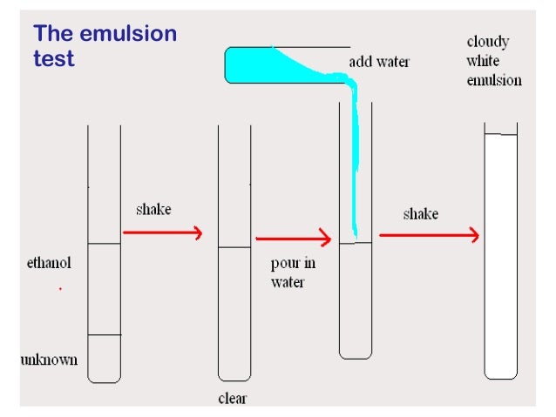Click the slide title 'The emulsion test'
pos(105,46)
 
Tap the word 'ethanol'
pos(48,262)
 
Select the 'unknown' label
pos(49,360)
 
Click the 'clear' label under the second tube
pos(233,400)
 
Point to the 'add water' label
pos(379,63)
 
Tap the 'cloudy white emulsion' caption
pos(494,61)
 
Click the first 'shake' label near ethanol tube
pos(153,210)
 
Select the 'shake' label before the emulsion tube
pos(420,214)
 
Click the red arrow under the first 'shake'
pos(163,232)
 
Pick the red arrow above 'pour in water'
pos(294,238)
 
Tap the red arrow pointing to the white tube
pos(429,235)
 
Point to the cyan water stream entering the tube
pos(354,165)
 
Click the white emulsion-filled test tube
pos(500,261)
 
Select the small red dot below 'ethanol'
pos(60,288)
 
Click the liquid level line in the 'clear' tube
pos(234,248)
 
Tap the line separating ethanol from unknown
pos(104,335)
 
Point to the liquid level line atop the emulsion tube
pos(500,135)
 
